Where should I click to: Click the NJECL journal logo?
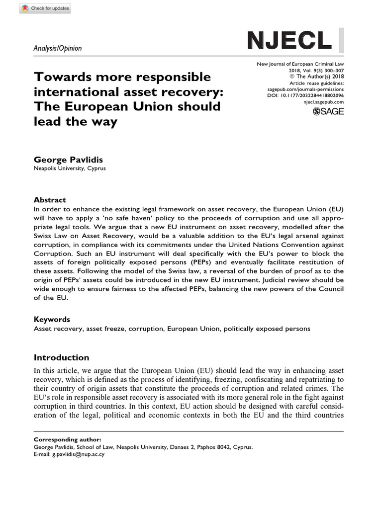pos(289,39)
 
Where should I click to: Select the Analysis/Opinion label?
pos(58,48)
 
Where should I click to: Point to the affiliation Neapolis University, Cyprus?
pos(69,169)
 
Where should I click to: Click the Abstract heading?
pos(50,199)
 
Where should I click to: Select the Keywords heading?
pos(52,319)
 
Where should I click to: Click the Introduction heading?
pos(61,357)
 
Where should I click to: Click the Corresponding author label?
pos(67,440)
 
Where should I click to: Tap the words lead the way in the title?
pos(75,122)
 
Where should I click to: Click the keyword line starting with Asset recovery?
pos(172,329)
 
